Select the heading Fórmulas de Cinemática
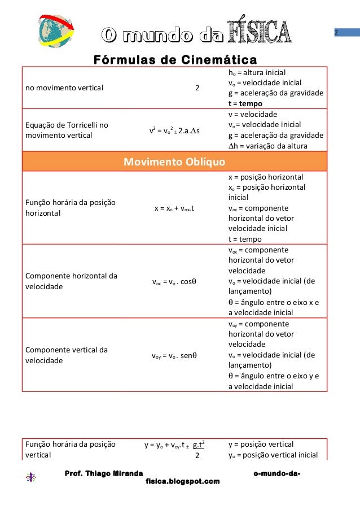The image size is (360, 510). point(175,60)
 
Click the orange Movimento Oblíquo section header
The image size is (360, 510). point(174,163)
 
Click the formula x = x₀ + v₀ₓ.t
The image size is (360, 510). point(174,208)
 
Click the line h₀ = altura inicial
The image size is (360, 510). point(257,73)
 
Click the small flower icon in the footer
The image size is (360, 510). point(31,477)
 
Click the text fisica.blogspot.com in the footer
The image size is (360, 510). point(182,481)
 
